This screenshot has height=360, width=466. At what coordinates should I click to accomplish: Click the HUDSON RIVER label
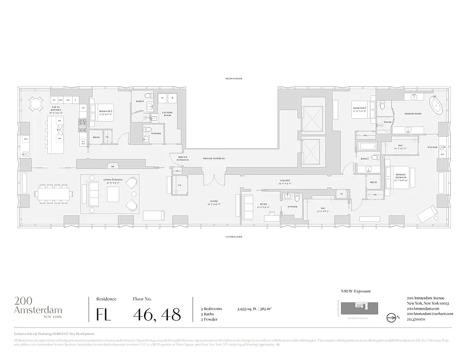[233, 78]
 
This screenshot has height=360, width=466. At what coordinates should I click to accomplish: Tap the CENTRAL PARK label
[233, 236]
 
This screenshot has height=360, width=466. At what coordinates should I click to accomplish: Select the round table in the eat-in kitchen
[35, 104]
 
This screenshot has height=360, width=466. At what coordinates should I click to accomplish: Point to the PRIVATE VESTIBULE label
[214, 159]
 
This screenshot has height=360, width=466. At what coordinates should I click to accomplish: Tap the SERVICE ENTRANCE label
[183, 158]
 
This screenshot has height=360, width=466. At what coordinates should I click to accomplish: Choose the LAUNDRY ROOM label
[167, 115]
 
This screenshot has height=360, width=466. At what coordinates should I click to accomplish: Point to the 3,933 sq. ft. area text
[254, 309]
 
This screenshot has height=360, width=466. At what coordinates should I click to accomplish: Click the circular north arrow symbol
[390, 317]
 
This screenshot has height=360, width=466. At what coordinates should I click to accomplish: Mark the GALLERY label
[285, 182]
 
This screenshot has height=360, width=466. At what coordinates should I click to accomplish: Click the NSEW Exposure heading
[356, 291]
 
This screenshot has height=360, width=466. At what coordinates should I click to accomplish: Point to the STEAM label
[387, 122]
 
